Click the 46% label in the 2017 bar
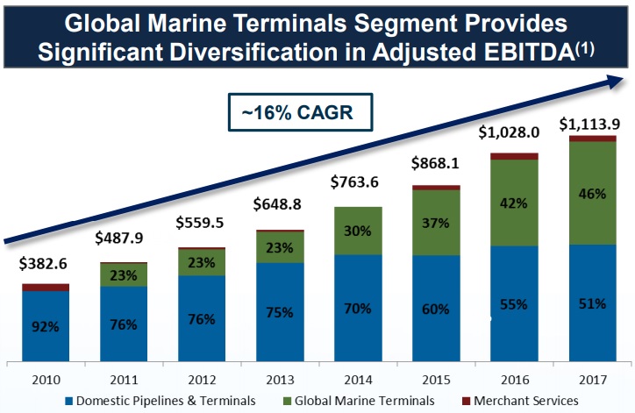(x=592, y=193)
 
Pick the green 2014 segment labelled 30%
(x=359, y=231)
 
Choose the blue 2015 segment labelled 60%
(x=436, y=309)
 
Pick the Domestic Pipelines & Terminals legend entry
(x=166, y=400)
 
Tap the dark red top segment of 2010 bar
(x=46, y=287)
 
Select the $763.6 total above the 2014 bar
(x=358, y=183)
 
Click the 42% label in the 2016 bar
(x=514, y=203)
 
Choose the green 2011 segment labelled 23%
(x=124, y=274)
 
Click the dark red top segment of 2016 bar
(x=514, y=156)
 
